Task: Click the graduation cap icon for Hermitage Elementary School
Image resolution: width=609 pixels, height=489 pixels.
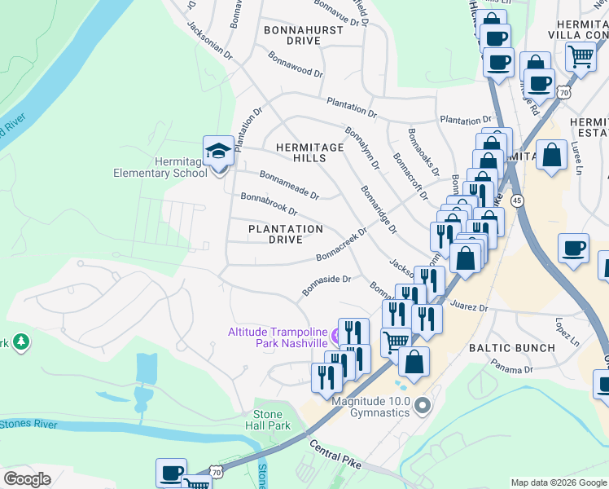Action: point(218,151)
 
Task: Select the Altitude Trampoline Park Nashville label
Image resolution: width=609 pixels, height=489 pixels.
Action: point(276,337)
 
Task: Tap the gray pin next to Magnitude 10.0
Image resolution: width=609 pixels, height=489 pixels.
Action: point(421,404)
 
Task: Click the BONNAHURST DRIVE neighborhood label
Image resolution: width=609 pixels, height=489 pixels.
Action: point(292,34)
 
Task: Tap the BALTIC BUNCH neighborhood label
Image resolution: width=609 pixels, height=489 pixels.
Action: point(511,348)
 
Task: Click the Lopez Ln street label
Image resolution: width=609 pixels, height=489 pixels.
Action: point(565,328)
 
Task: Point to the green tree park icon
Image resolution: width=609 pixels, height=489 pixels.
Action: point(20,343)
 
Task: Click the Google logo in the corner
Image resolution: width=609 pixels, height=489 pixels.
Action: point(27,479)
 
